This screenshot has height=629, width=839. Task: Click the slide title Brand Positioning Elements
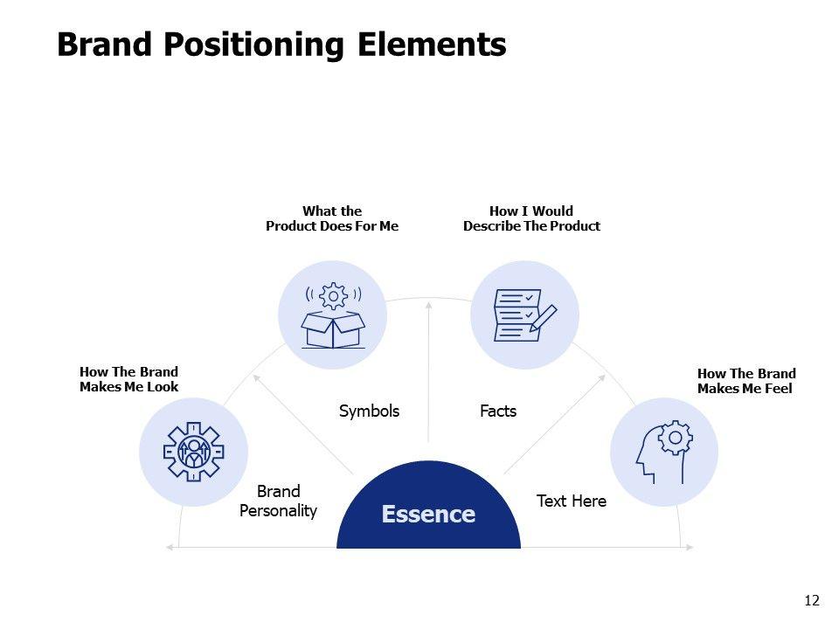(281, 45)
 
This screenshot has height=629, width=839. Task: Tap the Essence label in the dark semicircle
(428, 515)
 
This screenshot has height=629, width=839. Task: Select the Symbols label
(369, 411)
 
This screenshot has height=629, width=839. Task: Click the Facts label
(498, 411)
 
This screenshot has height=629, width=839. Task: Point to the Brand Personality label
(278, 501)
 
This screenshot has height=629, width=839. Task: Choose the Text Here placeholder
(571, 501)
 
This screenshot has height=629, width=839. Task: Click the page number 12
(812, 600)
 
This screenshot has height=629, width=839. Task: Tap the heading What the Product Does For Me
(332, 218)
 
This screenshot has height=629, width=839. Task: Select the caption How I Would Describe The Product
(531, 218)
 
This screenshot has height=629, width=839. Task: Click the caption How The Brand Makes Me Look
(128, 380)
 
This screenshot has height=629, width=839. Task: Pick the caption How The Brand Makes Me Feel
(746, 381)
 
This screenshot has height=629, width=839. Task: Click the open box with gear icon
(333, 315)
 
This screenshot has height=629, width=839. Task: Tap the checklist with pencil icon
(525, 314)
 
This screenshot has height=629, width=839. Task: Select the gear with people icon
(193, 452)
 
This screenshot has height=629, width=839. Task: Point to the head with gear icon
(663, 452)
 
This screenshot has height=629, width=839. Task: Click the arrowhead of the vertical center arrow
(428, 305)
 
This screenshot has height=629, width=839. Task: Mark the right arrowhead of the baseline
(690, 548)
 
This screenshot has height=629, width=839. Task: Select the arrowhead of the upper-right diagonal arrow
(603, 377)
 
